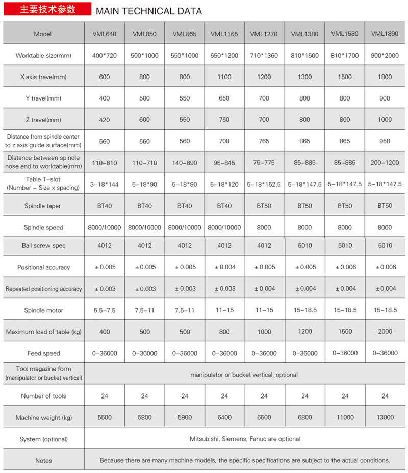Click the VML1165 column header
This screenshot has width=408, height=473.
224,35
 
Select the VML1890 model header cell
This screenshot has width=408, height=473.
385,34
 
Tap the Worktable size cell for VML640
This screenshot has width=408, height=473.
105,56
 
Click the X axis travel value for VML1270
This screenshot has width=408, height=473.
264,77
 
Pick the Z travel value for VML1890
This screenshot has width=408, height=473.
385,120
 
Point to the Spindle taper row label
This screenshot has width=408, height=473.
44,206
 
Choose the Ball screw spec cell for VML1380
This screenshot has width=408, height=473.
305,246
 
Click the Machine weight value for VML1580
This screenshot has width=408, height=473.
345,417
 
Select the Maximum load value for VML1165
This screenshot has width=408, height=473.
224,332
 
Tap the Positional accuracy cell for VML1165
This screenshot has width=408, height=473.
224,267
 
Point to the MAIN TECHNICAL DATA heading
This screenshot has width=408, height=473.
149,11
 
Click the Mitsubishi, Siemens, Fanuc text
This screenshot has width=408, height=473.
245,439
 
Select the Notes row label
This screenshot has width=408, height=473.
44,460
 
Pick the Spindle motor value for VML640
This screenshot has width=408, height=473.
105,310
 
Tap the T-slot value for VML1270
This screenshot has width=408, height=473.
264,184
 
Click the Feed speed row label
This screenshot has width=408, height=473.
44,353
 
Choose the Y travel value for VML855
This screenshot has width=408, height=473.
185,98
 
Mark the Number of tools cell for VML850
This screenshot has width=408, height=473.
144,396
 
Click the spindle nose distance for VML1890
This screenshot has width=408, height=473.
385,163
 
